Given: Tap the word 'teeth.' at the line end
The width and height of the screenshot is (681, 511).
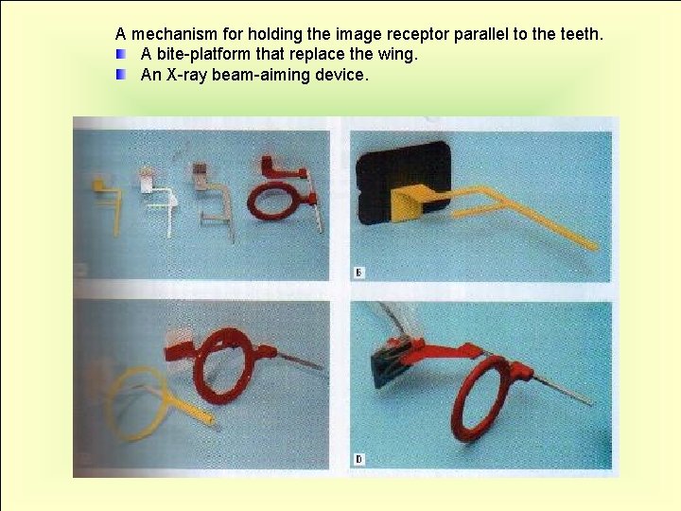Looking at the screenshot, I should click(580, 35).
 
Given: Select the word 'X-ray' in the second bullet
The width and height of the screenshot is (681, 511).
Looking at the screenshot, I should click(186, 74).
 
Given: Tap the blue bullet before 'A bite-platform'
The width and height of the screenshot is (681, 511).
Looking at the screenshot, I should click(121, 54).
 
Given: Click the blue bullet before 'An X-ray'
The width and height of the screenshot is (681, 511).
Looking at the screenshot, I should click(121, 74).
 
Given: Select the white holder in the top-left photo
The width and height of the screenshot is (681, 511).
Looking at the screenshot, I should click(154, 194).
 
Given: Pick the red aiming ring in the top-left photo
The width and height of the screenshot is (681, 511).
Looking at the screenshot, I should click(275, 202).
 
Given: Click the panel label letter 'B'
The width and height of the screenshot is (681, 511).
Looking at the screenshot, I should click(358, 273).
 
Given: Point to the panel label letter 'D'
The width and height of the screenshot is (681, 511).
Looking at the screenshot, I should click(358, 461).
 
